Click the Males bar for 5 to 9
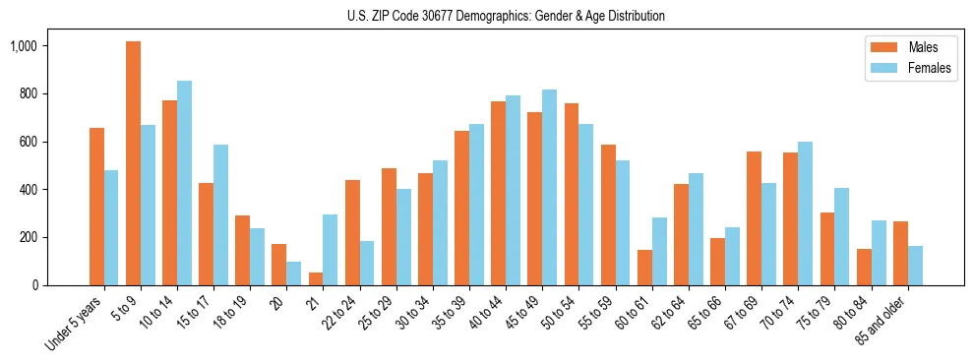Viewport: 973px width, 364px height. [133, 163]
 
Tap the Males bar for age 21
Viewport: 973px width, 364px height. [315, 278]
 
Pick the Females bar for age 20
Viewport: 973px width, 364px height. [293, 273]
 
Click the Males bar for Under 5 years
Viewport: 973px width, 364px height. [96, 207]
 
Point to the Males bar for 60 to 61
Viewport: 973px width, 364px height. [643, 268]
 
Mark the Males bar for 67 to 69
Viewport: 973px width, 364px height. [754, 218]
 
